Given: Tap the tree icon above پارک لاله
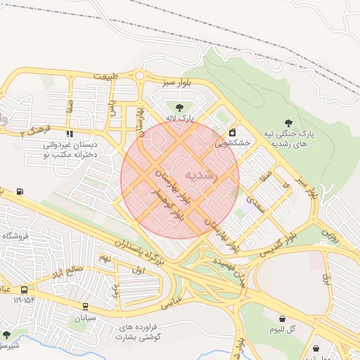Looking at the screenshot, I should point(179,108).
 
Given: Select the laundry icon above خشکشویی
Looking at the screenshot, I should point(233,132).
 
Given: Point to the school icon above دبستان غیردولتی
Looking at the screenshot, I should point(69,133).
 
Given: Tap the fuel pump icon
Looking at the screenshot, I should point(19,191).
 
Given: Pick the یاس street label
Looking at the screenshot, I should point(112,108).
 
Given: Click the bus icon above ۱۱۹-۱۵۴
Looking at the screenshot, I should point(25,289).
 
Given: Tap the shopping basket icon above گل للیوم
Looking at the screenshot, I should point(282,318).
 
